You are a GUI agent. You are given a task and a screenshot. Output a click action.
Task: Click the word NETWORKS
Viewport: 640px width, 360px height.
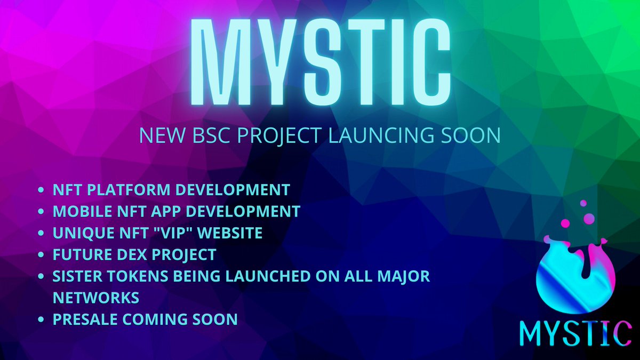(96, 297)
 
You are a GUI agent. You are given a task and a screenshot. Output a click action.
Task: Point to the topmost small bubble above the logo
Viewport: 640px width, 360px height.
(583, 203)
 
